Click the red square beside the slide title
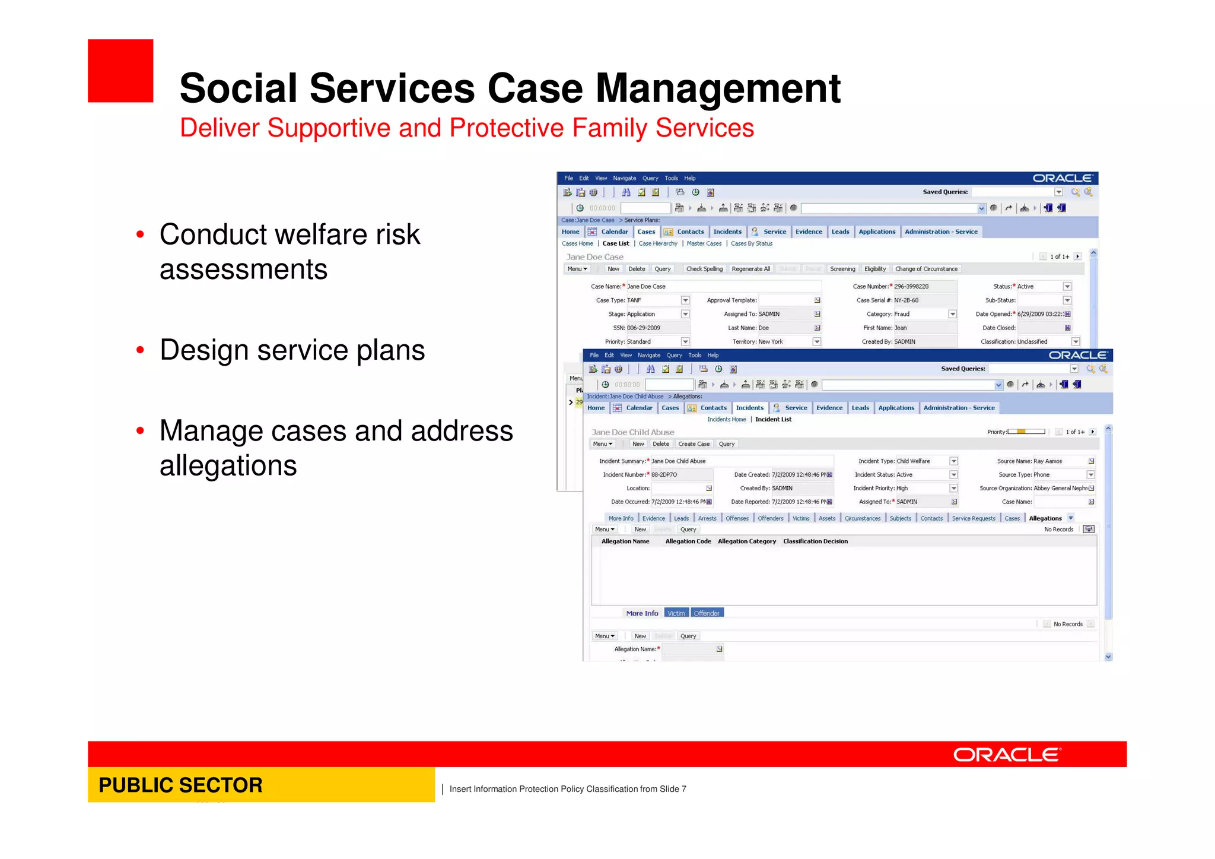120,71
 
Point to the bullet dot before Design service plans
140,350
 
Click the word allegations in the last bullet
228,465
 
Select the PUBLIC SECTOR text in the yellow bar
180,785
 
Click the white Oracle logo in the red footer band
1007,755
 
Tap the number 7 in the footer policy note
683,789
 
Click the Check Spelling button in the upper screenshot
704,269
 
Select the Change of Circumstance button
925,269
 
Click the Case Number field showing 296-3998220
924,286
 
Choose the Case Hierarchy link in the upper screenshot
657,243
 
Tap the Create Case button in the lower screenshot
694,444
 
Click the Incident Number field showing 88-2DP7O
681,475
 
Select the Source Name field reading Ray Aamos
1059,461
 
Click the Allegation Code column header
688,541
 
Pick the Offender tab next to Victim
706,613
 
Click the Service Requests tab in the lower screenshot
973,518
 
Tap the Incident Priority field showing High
921,488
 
